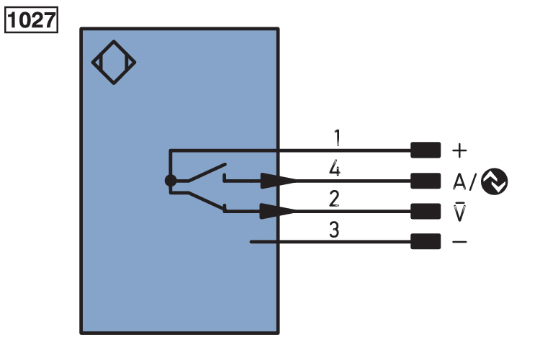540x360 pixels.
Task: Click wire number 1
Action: coord(336,136)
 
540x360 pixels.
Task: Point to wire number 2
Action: coord(334,199)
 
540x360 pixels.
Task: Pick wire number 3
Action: coord(334,231)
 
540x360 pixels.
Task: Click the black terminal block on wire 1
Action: coord(425,150)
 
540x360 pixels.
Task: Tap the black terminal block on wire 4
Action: coord(425,181)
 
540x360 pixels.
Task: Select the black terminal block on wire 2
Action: coord(425,211)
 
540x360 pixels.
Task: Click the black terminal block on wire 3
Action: coord(425,242)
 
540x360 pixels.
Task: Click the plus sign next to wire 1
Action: coord(459,150)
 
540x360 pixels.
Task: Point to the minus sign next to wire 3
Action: coord(459,242)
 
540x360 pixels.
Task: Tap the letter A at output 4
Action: coord(459,181)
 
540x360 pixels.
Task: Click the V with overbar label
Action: coord(459,212)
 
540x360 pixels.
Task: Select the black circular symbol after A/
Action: coord(494,181)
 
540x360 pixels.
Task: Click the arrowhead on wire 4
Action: coord(277,181)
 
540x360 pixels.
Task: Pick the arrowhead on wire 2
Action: coord(277,211)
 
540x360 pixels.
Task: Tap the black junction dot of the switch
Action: coord(170,181)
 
